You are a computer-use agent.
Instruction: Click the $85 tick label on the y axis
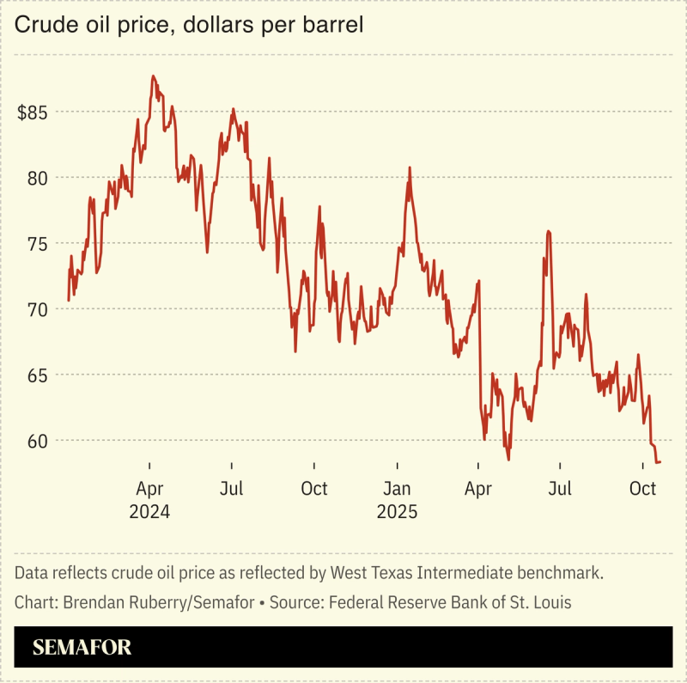(33, 113)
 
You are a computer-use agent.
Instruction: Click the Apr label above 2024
(149, 490)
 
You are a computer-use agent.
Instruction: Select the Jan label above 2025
(397, 490)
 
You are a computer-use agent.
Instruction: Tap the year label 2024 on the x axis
(149, 512)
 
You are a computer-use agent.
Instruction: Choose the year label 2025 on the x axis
(397, 512)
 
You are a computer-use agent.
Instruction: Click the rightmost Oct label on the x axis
(642, 489)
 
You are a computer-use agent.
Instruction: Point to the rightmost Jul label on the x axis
(560, 489)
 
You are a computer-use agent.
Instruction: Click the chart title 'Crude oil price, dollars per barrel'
(189, 27)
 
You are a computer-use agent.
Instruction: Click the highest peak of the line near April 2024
(153, 76)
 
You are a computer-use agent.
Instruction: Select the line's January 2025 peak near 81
(410, 168)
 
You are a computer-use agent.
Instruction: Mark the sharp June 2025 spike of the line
(547, 232)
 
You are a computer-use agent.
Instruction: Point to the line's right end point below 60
(660, 462)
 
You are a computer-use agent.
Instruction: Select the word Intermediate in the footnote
(465, 572)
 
